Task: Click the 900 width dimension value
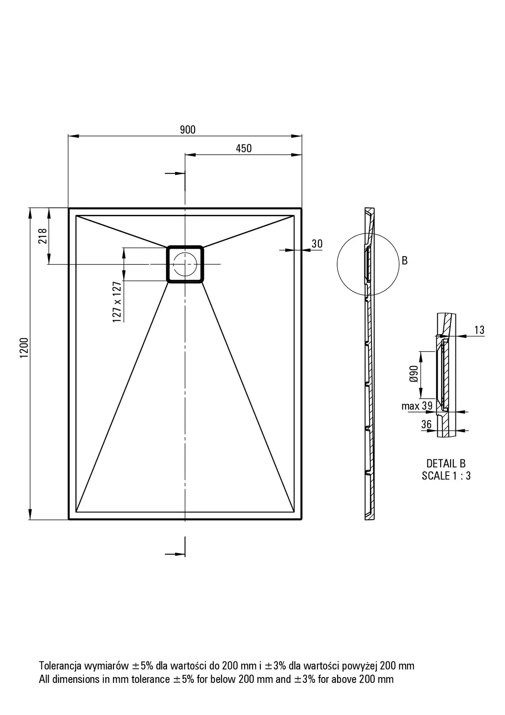coord(188,130)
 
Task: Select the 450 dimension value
coord(244,148)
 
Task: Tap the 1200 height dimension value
coord(24,348)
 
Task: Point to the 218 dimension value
coord(43,236)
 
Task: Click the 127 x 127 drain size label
coord(117,302)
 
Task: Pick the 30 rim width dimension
coord(317,244)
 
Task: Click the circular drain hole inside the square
coord(185,264)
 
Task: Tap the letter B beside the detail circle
coord(405,261)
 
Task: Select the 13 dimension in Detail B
coord(480,330)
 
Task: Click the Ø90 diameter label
coord(413,374)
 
